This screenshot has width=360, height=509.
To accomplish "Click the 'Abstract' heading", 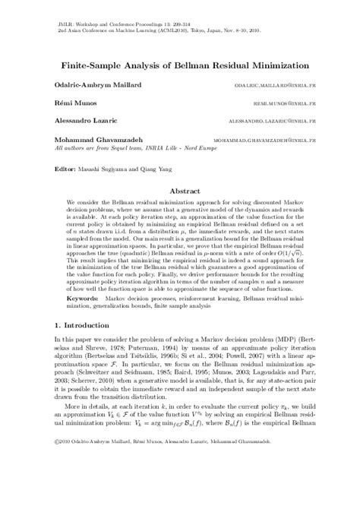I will pyautogui.click(x=179, y=192).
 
